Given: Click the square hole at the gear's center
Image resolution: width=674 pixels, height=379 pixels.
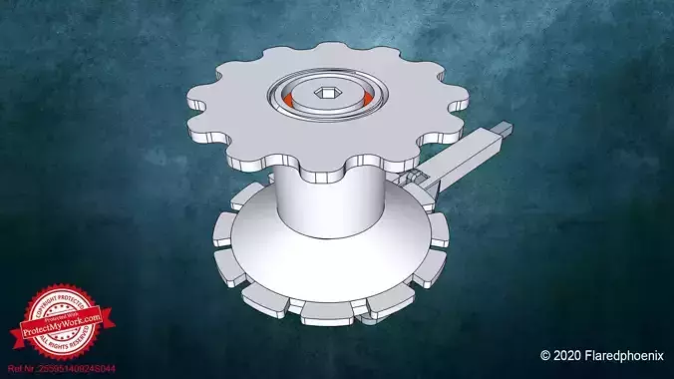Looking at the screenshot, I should coord(326,95).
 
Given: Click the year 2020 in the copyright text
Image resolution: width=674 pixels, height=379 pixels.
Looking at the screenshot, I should coord(566,355).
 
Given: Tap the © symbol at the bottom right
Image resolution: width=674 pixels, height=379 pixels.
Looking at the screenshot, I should coord(545,355).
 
